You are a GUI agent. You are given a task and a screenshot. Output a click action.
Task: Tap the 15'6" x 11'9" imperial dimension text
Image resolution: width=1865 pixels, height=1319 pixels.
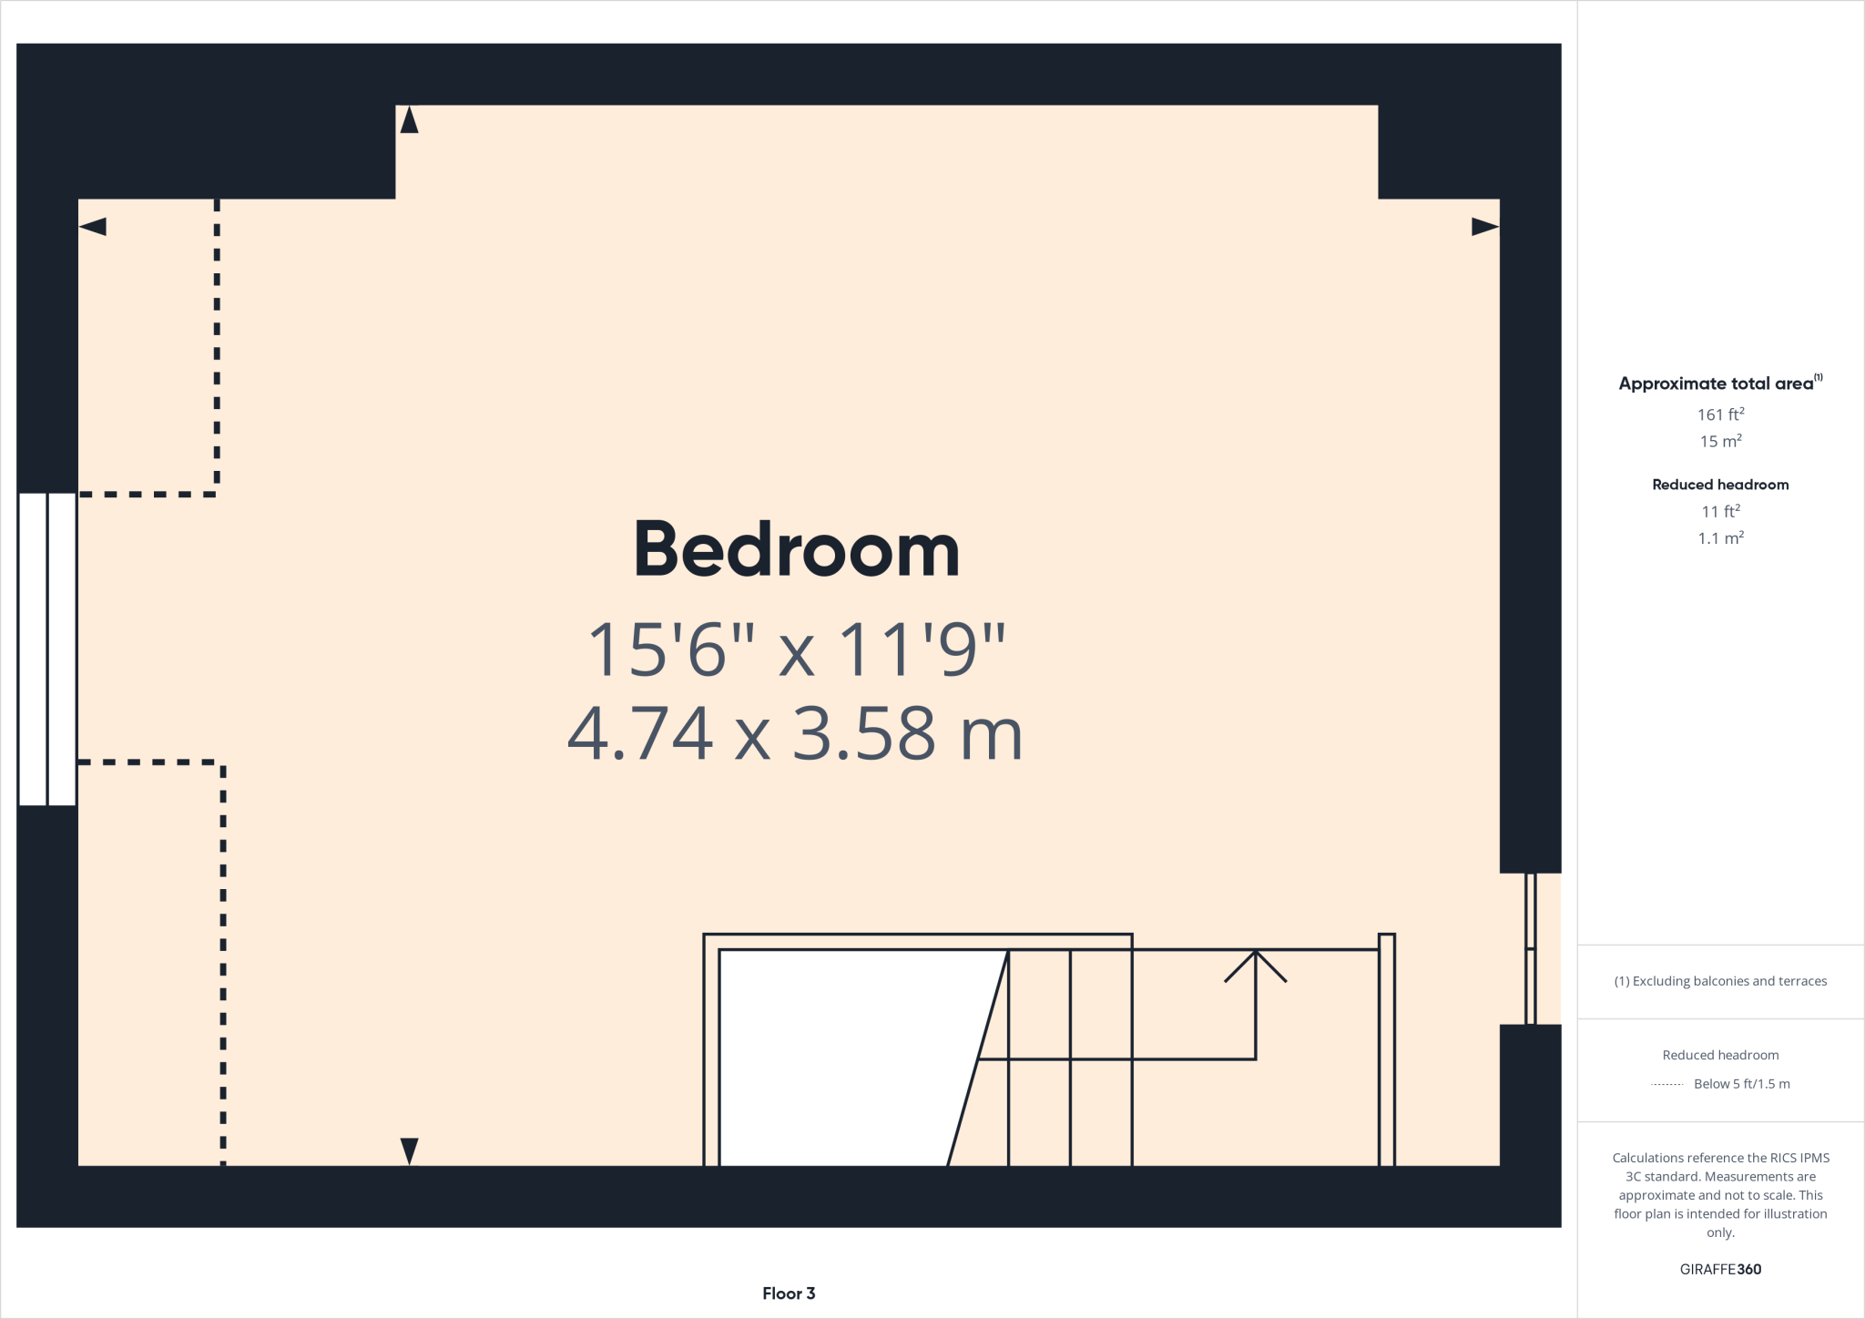click(797, 649)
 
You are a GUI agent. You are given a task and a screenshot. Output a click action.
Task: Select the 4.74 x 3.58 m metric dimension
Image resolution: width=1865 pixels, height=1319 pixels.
click(795, 734)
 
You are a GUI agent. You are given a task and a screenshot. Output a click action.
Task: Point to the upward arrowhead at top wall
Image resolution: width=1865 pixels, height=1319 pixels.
click(409, 120)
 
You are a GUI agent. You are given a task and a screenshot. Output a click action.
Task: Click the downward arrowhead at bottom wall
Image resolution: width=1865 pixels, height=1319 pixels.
click(409, 1150)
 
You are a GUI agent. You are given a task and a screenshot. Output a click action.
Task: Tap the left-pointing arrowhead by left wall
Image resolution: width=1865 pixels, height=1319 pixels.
click(93, 227)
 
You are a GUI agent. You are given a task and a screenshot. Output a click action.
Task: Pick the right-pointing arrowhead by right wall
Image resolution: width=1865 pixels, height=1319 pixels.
click(1484, 227)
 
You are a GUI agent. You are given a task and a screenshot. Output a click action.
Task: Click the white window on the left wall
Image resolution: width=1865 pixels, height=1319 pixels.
click(47, 649)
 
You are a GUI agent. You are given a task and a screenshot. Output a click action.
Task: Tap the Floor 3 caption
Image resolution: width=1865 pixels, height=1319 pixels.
click(789, 1293)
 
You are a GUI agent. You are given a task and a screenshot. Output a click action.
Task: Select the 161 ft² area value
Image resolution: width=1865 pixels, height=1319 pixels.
click(1720, 414)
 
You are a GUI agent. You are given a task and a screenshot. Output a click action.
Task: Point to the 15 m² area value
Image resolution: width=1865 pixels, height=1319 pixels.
click(1720, 441)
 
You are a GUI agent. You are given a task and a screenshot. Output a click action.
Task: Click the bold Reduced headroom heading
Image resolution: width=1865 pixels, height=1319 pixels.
click(1720, 485)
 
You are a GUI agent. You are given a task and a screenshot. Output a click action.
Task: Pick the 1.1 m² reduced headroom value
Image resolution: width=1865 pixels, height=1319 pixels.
click(1720, 538)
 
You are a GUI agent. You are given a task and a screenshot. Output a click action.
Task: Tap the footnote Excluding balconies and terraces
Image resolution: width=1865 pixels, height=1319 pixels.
click(1720, 981)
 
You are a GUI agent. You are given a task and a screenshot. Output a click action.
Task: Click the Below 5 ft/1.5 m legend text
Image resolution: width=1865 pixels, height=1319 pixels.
click(1741, 1084)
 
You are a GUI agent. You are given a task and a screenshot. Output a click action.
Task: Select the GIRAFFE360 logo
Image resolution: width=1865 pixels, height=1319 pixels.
click(1720, 1269)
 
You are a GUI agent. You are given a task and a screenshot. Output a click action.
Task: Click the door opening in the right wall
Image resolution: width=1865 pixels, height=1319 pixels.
click(1531, 948)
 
